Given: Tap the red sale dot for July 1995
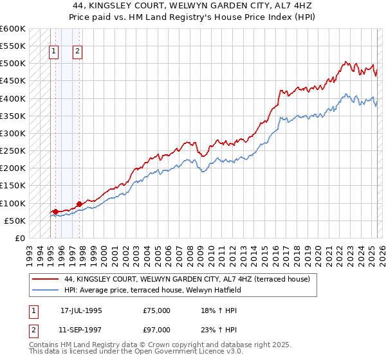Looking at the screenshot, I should coord(56,212).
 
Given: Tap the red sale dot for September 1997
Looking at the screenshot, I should coord(79,204).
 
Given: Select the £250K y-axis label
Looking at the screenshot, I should coord(13,151).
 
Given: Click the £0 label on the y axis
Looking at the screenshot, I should coord(19,239).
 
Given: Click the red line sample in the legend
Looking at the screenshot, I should coord(45,279).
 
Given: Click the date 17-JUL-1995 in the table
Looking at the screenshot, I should coord(81,310).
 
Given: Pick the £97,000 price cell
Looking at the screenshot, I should coord(157,330).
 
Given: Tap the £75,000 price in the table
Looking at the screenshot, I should coord(157,310).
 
